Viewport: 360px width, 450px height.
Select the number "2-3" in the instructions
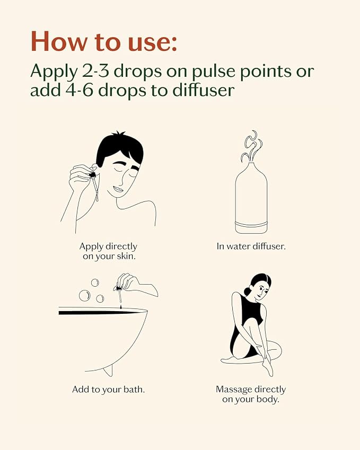tap(95, 71)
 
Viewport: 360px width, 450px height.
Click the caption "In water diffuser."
tap(251, 246)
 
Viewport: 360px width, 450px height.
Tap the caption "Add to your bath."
tap(109, 390)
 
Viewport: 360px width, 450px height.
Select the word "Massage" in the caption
tap(234, 390)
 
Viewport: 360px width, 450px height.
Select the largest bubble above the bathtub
tap(85, 296)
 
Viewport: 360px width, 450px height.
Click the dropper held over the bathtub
tap(119, 293)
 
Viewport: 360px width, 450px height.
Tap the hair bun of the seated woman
tap(247, 292)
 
